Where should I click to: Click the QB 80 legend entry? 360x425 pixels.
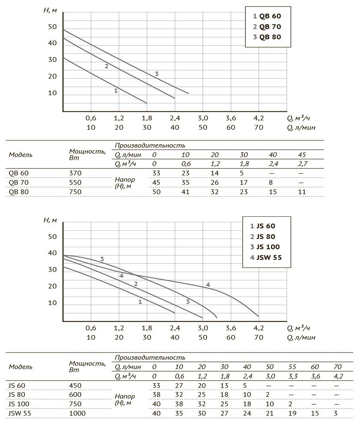[267, 37]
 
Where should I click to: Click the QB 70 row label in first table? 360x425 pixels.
[18, 183]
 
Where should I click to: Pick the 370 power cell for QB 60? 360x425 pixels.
[75, 173]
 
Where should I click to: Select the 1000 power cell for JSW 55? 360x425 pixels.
[77, 413]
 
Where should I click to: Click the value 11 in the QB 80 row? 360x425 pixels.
[302, 192]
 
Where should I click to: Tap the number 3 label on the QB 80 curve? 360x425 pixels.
[157, 74]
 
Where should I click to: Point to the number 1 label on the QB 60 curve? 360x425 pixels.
[116, 90]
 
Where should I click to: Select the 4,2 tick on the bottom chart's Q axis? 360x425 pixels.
[258, 329]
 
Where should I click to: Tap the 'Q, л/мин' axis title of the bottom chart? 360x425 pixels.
[301, 338]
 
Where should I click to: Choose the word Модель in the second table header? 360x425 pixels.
[20, 367]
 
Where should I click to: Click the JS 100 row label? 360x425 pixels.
[18, 404]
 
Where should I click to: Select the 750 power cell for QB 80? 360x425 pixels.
[75, 192]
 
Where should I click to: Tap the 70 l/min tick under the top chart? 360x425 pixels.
[258, 127]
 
